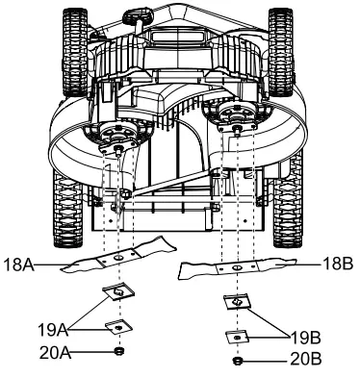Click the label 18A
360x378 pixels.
(18, 265)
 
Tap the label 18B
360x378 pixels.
(338, 265)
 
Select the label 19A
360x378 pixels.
(53, 330)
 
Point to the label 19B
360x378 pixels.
(305, 338)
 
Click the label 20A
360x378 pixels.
(55, 353)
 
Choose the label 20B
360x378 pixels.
(306, 359)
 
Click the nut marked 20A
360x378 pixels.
(119, 351)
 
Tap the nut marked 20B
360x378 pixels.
(237, 361)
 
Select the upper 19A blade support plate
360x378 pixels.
(118, 291)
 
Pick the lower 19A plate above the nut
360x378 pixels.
(119, 327)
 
